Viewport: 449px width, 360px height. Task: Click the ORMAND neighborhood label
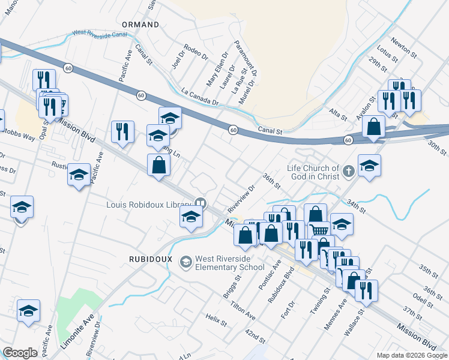pos(140,25)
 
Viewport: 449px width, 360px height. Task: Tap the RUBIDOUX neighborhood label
pos(151,259)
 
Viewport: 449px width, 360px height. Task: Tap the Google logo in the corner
pos(20,353)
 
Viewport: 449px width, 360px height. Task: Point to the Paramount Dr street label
pos(246,60)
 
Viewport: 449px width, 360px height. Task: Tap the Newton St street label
pos(404,47)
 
